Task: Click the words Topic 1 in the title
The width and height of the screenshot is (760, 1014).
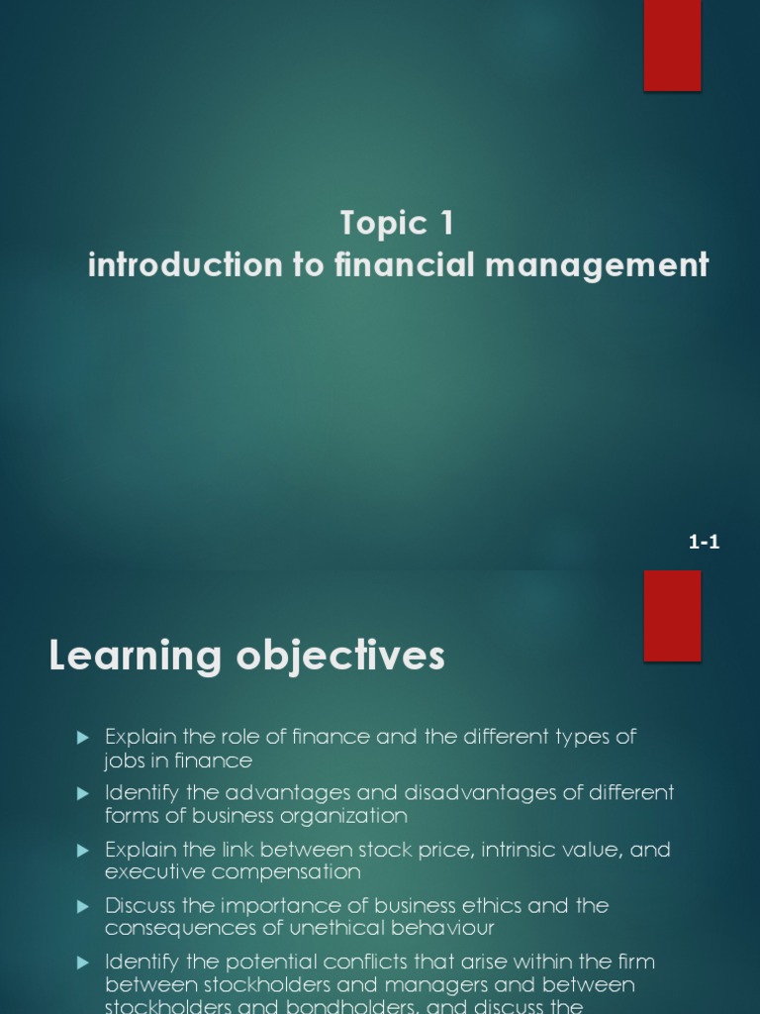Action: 397,224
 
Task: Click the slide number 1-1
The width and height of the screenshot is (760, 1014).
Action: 704,542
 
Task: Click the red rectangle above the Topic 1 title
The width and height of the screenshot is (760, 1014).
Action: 672,45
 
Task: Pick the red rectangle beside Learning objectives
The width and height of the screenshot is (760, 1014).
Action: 672,615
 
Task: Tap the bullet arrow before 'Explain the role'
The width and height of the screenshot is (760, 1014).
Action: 83,737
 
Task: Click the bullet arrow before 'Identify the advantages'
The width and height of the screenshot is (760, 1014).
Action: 83,793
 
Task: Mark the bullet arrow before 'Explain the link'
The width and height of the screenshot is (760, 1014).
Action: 83,850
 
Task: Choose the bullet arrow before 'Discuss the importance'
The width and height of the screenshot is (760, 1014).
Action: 83,906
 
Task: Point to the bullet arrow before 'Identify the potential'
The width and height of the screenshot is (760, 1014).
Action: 83,963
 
